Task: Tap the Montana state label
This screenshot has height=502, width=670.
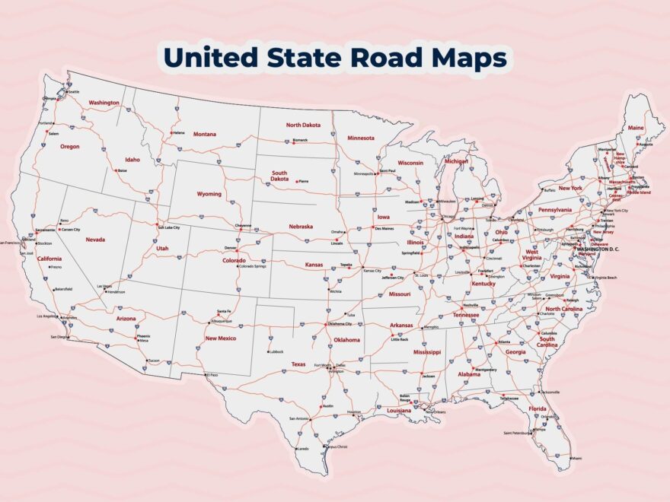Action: (204, 134)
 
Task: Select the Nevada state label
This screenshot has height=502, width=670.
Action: (95, 239)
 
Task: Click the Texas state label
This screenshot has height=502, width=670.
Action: (298, 364)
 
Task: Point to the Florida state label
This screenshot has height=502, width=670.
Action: (538, 408)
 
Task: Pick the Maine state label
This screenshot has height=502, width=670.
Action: (636, 128)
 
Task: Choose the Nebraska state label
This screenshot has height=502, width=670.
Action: (300, 226)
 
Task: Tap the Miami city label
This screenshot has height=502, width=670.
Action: (576, 459)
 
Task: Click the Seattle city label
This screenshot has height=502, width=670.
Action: (73, 92)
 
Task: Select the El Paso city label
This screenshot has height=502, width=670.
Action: (212, 375)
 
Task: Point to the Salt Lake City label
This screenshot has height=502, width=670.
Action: (168, 227)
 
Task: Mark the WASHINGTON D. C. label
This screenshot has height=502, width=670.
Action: (599, 249)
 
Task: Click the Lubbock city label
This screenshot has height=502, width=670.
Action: (276, 351)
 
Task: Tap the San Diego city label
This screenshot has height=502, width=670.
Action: (59, 336)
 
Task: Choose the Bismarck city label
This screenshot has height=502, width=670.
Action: (300, 140)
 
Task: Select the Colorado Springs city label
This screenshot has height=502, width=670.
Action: (253, 266)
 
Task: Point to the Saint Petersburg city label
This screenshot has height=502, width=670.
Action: (517, 433)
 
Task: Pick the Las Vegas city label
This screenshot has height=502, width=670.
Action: (104, 287)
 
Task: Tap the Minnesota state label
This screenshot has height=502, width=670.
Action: (361, 138)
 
